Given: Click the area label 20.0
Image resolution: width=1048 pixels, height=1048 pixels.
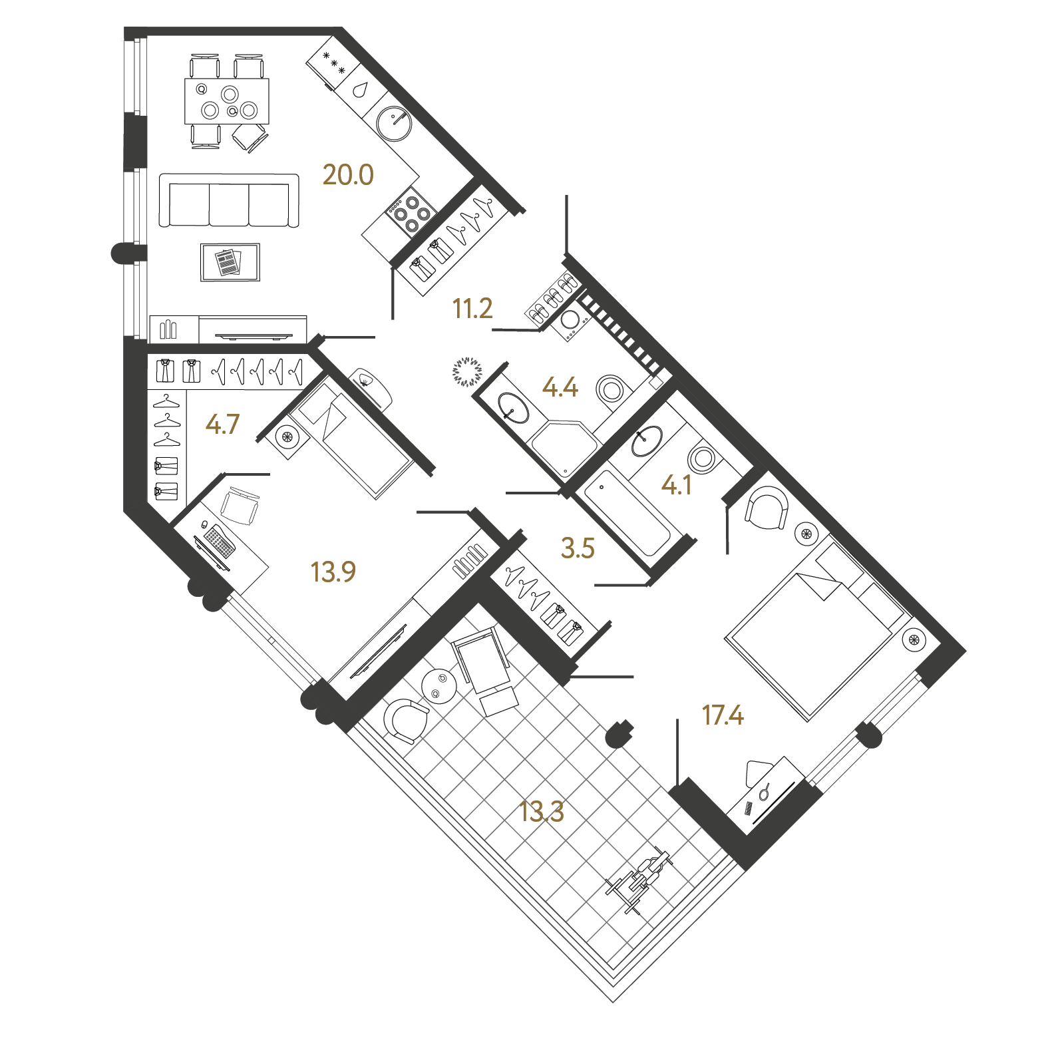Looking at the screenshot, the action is pos(348,174).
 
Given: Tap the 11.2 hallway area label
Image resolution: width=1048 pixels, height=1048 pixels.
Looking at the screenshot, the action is pos(472,308).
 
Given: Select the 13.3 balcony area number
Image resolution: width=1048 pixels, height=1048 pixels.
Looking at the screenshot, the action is pos(542,811).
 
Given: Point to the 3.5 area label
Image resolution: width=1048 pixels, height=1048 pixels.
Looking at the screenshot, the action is pos(578,548).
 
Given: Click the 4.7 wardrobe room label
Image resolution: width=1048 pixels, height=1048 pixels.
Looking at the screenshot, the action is pos(222,424).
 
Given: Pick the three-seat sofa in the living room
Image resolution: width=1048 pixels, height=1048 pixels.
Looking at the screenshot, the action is pos(229,201).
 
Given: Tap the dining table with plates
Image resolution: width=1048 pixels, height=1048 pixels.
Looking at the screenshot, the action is pos(227,101).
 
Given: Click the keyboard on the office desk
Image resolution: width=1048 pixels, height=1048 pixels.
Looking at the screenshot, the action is pos(219,540).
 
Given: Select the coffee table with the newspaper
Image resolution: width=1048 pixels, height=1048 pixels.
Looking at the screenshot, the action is pos(230,262).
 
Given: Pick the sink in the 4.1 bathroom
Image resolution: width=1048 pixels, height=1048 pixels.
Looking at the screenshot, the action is pos(647,440).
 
